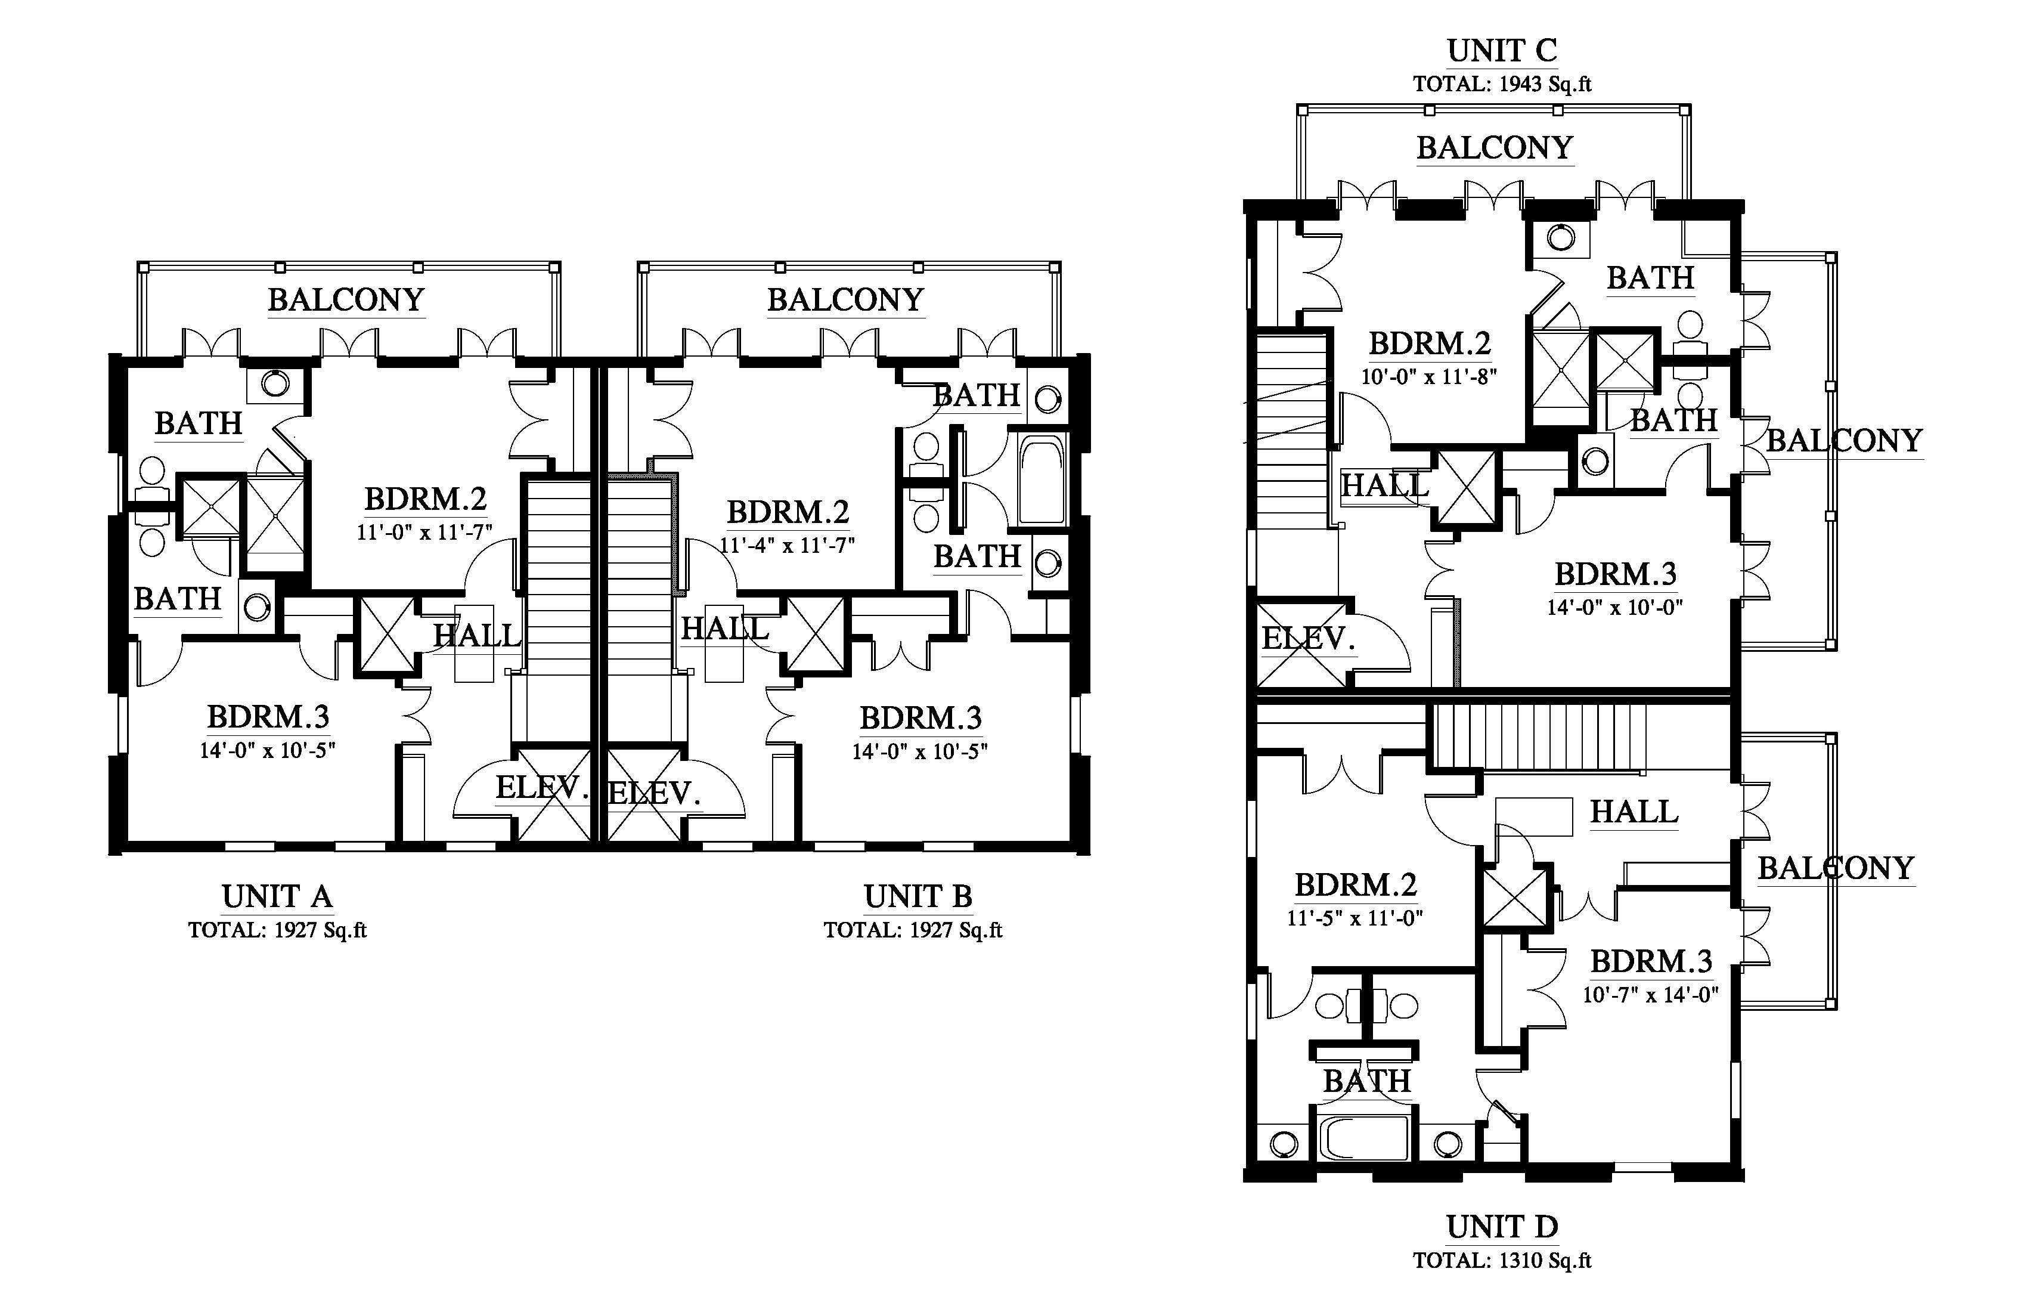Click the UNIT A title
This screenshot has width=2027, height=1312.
(277, 896)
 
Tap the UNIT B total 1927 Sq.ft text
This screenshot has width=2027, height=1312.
(912, 930)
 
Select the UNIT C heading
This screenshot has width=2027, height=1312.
(1502, 51)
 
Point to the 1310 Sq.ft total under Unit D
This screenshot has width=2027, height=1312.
(1544, 1261)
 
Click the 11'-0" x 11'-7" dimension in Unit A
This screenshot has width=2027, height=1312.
(424, 533)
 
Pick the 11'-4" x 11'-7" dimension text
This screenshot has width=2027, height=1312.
(788, 545)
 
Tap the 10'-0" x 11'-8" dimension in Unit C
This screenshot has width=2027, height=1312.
(1429, 376)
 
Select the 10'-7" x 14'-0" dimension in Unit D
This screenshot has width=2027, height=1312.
(1651, 994)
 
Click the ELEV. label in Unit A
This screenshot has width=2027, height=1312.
(543, 788)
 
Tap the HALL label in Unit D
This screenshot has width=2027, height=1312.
(1634, 812)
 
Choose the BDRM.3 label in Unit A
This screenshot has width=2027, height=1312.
(268, 717)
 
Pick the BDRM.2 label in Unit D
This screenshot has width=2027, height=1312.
(1356, 886)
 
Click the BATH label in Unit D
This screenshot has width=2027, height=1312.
(1367, 1081)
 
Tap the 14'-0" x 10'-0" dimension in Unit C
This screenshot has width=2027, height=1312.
(1616, 608)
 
